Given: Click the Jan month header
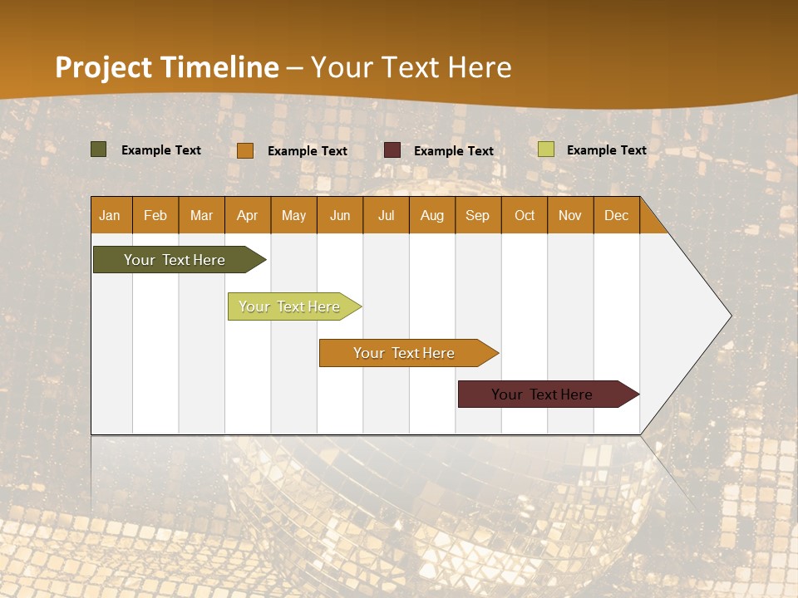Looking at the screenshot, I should pos(110,215).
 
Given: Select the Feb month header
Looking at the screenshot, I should pos(155,215).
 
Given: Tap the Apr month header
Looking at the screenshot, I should pos(248,215).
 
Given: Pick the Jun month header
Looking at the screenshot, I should pos(340,215).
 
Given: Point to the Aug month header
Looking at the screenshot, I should pos(432,215).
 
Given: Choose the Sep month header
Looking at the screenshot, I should pos(478,215).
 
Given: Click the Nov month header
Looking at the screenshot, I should pos(570,215).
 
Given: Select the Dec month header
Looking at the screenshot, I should pos(617,215).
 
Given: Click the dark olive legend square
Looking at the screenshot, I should pos(98,149).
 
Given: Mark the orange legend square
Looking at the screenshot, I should pos(245,150).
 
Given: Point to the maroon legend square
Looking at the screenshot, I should pos(392,150).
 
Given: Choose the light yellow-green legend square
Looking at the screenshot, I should pos(546,149).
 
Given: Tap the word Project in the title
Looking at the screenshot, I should pos(104,67).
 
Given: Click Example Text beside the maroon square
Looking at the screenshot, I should pos(454,150).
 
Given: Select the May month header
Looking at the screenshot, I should pos(293,215).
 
